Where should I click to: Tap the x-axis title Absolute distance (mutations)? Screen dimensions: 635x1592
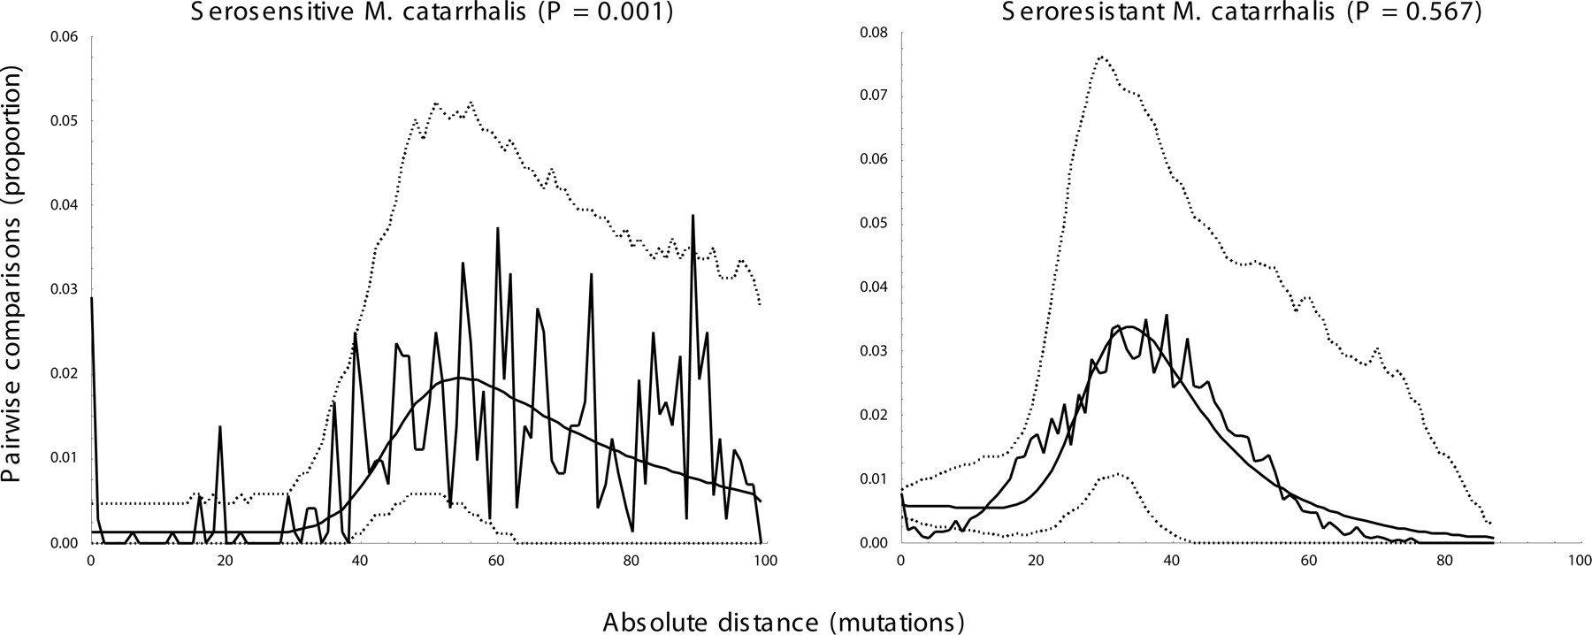(x=784, y=622)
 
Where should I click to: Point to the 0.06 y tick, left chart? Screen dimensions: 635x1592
(x=65, y=36)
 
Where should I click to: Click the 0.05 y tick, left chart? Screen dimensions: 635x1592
(x=65, y=120)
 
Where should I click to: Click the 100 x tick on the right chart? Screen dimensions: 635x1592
(x=1579, y=560)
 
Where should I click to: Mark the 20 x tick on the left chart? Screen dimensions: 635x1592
(x=225, y=560)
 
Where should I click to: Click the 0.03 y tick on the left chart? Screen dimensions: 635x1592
(x=65, y=289)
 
